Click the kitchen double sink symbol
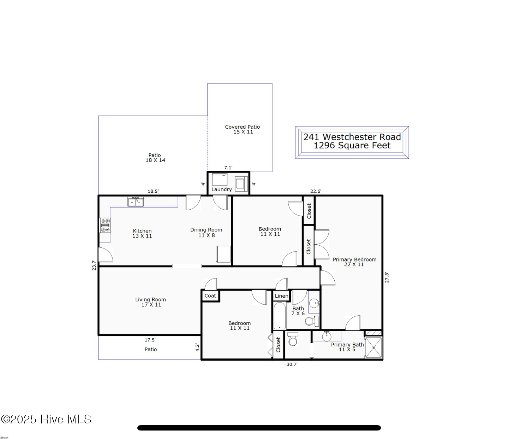pyautogui.click(x=136, y=202)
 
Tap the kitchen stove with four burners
pyautogui.click(x=105, y=225)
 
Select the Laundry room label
pyautogui.click(x=221, y=189)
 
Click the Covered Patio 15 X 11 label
pyautogui.click(x=243, y=129)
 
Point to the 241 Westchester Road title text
pyautogui.click(x=352, y=137)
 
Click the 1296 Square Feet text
pyautogui.click(x=352, y=146)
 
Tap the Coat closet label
pyautogui.click(x=210, y=296)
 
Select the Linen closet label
pyautogui.click(x=281, y=296)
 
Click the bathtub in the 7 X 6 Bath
pyautogui.click(x=280, y=316)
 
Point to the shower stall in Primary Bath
pyautogui.click(x=373, y=347)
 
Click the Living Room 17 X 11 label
pyautogui.click(x=150, y=302)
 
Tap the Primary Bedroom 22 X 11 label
pyautogui.click(x=354, y=262)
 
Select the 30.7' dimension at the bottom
pyautogui.click(x=292, y=364)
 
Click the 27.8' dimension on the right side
pyautogui.click(x=387, y=277)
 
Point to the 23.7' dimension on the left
pyautogui.click(x=94, y=265)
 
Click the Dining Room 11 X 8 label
pyautogui.click(x=206, y=232)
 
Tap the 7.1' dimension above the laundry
pyautogui.click(x=228, y=168)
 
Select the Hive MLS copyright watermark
pyautogui.click(x=46, y=419)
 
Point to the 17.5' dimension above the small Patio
pyautogui.click(x=150, y=340)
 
